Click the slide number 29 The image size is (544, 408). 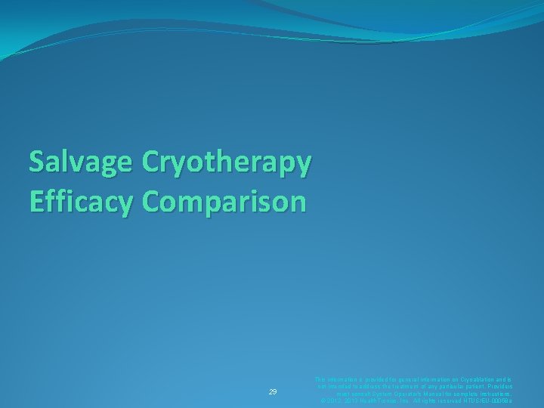(273, 392)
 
